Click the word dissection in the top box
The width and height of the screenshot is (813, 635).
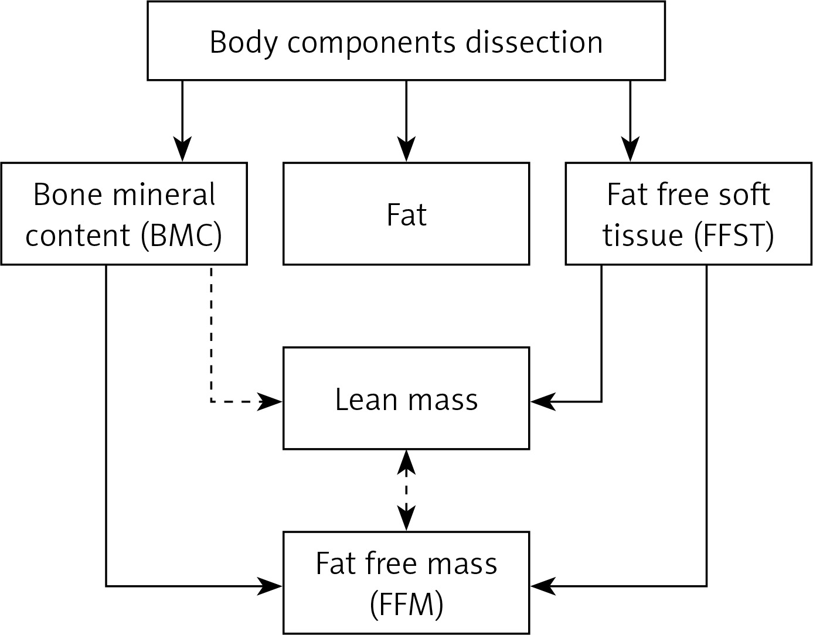coord(534,42)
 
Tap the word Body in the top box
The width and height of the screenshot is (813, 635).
coord(244,44)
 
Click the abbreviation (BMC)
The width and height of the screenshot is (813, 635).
coord(182,235)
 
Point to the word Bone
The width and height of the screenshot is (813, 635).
coord(67,194)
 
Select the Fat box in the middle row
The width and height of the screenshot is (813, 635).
coord(406,214)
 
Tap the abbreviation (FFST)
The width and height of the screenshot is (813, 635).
coord(733,235)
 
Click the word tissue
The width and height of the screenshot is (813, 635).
coord(642,235)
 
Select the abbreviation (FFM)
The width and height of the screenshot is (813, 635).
coord(406,605)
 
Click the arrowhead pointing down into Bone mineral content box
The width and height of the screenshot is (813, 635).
coord(182,149)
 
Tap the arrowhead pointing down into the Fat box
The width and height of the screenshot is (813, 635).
coord(406,149)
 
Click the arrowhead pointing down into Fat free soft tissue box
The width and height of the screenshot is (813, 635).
coord(631,149)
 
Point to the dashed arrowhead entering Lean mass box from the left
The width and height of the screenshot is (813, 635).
coord(270,402)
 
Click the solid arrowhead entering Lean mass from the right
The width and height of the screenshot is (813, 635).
coord(543,402)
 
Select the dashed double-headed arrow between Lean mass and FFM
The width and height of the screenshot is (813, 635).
coord(406,490)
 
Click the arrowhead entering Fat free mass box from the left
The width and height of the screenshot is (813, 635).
coord(270,586)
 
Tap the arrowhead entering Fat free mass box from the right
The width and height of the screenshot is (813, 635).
coord(543,586)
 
